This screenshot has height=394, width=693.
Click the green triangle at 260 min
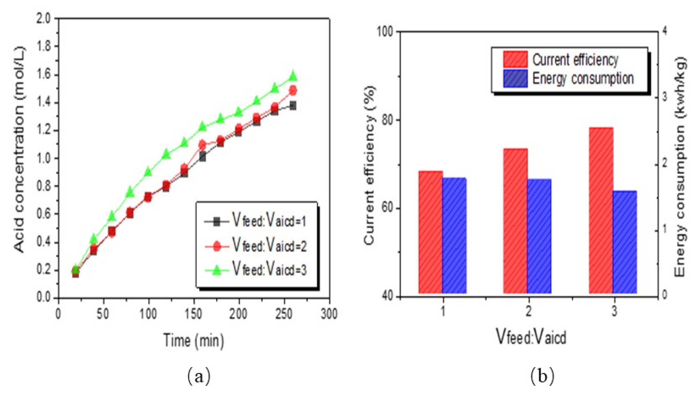pos(293,76)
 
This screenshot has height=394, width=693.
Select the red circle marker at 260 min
pos(293,90)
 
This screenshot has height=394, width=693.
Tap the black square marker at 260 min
pos(293,106)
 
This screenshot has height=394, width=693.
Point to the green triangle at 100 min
pos(148,172)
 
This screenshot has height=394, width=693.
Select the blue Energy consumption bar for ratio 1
pos(454,235)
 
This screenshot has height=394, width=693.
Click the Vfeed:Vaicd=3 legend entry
pos(256,270)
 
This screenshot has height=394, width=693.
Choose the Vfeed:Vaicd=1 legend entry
pos(256,222)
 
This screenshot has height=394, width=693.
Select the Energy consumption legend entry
pos(568,78)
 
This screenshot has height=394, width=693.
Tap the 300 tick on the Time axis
pos(329,314)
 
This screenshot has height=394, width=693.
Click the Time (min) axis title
pos(194,340)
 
